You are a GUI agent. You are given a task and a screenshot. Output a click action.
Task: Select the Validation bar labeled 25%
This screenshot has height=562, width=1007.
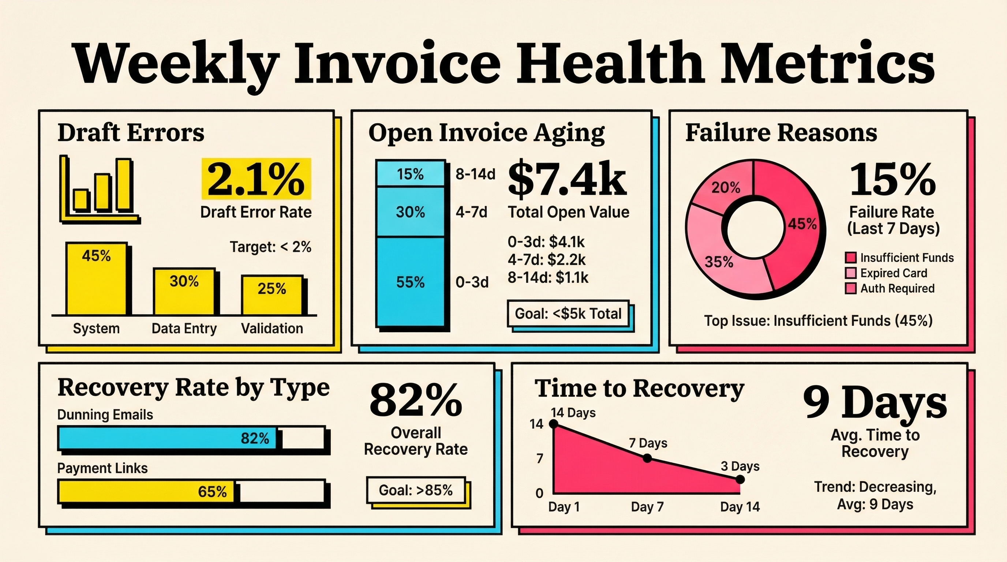(x=272, y=295)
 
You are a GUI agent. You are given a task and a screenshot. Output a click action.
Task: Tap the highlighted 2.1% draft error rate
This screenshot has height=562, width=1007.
(x=256, y=179)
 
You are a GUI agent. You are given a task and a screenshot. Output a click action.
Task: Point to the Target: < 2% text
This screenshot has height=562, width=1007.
(x=270, y=247)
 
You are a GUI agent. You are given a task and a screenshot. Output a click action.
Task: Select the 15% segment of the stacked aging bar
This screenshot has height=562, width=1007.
(x=410, y=173)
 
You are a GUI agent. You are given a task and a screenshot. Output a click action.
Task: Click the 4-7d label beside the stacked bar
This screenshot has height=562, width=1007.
(x=471, y=212)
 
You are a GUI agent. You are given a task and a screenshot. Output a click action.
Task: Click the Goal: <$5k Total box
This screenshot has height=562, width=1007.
(x=568, y=314)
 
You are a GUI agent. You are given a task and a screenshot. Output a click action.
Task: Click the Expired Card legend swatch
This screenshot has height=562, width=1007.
(x=850, y=273)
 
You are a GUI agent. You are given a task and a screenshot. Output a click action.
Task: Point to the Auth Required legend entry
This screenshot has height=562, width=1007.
(x=897, y=288)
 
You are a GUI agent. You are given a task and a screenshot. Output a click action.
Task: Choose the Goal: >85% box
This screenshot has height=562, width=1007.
(x=416, y=490)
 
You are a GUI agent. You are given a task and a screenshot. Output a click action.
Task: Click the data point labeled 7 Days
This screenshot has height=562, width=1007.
(x=647, y=458)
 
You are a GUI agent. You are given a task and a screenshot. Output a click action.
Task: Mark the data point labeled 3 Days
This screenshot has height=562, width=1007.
(x=740, y=480)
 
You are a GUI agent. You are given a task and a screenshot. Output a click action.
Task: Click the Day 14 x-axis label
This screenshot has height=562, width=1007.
(x=740, y=507)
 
